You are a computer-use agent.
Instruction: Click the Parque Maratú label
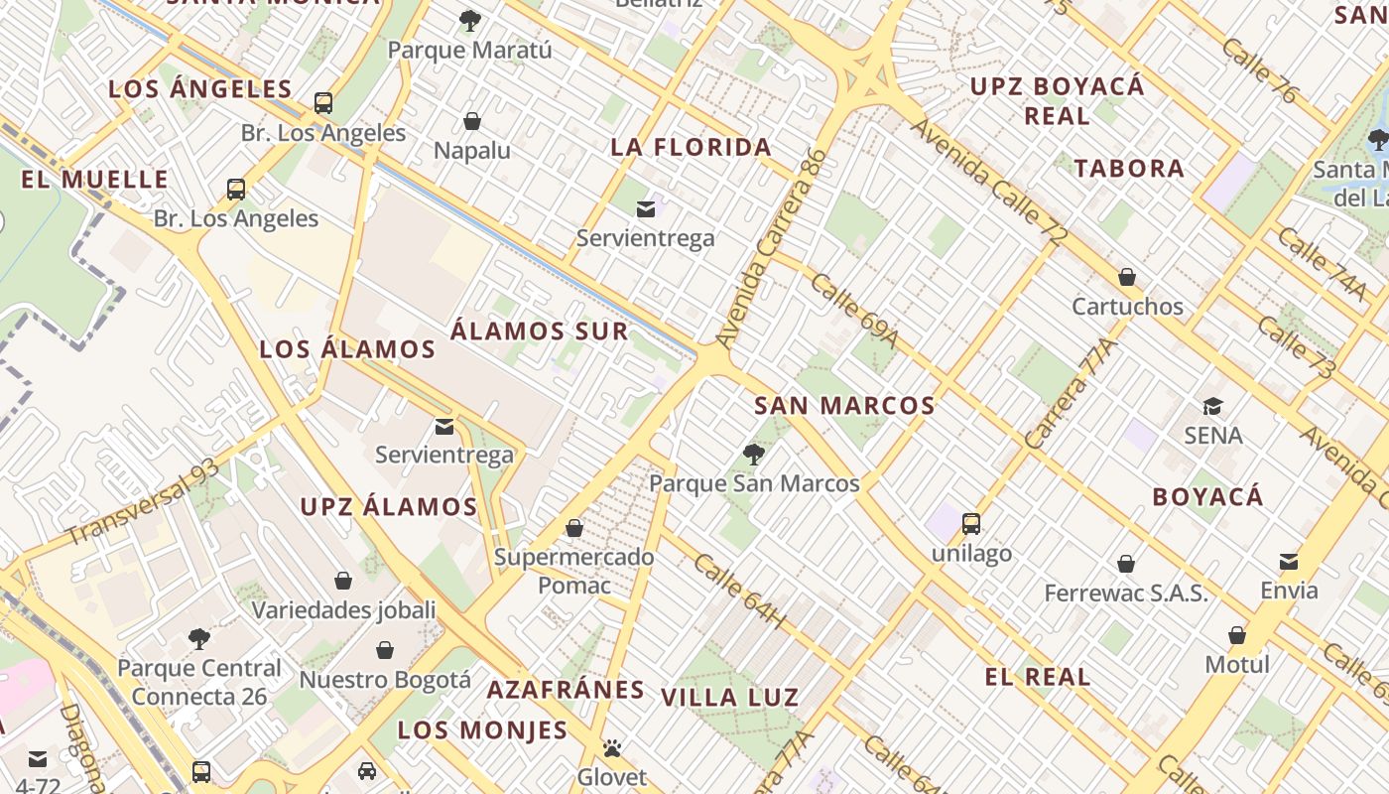pos(469,50)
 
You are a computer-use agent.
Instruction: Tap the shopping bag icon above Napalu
pos(472,121)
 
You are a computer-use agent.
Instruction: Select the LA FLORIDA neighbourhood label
pos(691,148)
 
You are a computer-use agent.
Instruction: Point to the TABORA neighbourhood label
pos(1129,169)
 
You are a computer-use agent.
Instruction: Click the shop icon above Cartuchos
pos(1127,277)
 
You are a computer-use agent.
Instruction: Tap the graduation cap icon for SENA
pos(1212,406)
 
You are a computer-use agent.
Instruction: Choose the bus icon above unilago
pos(971,524)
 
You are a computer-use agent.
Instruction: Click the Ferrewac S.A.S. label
pos(1126,594)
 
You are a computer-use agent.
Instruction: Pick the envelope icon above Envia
pos(1289,562)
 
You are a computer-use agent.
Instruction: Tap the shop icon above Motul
pos(1237,635)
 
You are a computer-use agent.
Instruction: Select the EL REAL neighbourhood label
pos(1038,678)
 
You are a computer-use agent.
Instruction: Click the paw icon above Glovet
pos(612,748)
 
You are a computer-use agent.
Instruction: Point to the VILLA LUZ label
pos(730,698)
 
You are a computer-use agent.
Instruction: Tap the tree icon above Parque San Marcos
pos(754,455)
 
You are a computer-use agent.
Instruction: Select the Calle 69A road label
pos(853,311)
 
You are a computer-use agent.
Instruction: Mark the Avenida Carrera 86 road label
pos(771,248)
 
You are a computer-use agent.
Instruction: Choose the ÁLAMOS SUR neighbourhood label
pos(540,331)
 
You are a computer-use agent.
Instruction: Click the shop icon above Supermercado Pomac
pos(574,528)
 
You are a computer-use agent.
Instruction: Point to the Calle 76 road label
pos(1259,71)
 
